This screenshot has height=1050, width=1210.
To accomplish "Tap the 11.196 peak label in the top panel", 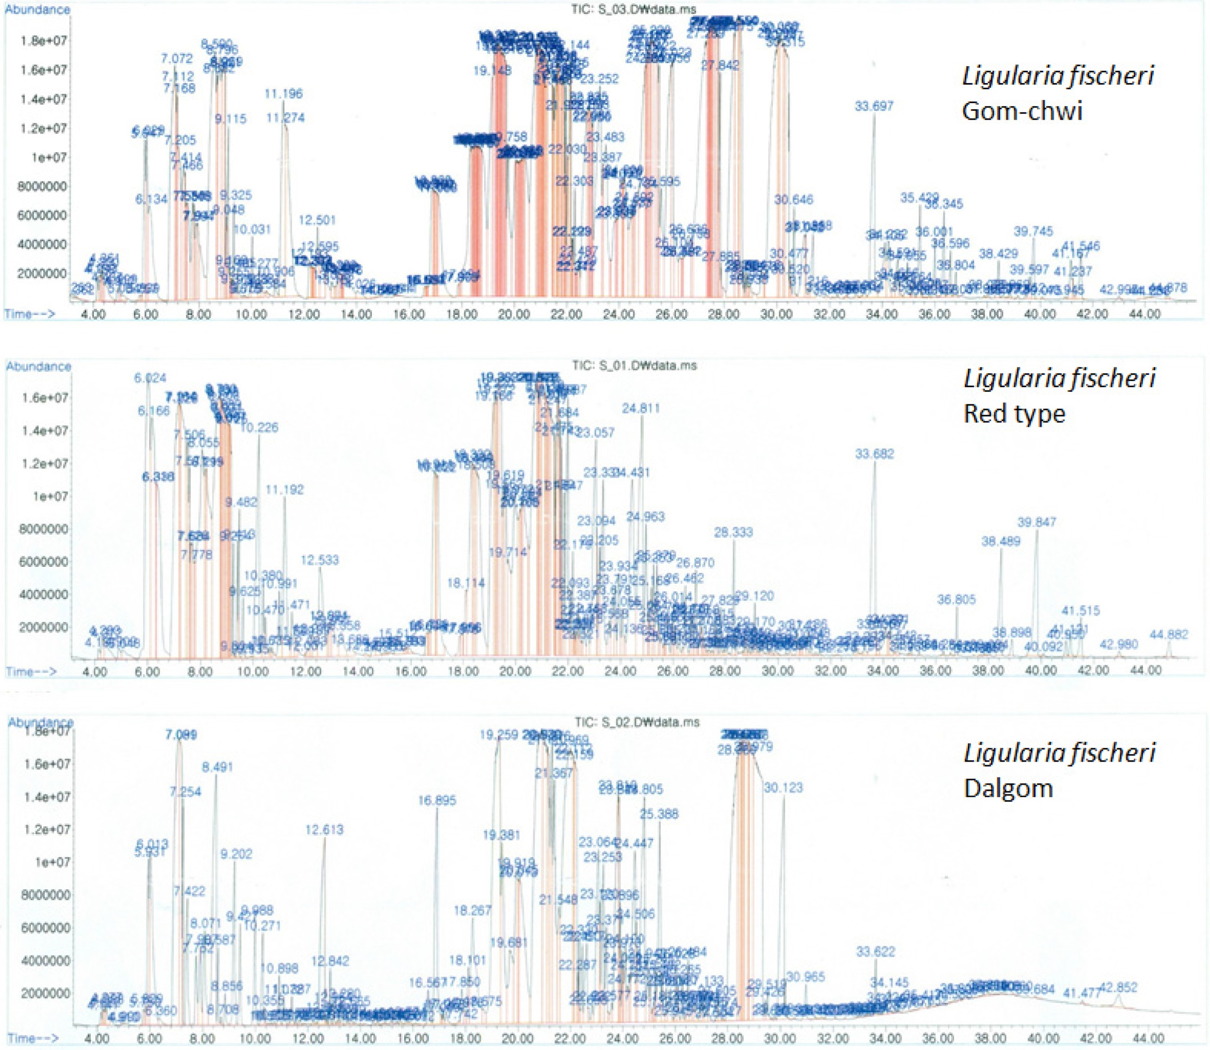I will tap(284, 93).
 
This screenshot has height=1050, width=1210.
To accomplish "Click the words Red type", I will tap(1014, 414).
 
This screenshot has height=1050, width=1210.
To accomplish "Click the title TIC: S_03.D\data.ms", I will tap(633, 9).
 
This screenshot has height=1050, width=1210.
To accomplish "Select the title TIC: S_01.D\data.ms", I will tap(634, 366).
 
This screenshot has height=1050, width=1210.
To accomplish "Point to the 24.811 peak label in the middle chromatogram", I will tap(641, 408).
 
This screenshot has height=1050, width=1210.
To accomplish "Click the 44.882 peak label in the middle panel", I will tap(1169, 634).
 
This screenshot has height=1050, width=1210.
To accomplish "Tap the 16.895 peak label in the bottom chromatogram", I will tap(437, 801).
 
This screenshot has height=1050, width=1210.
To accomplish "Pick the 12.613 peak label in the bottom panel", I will tap(325, 830).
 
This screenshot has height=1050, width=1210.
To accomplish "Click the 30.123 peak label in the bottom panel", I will tap(783, 788).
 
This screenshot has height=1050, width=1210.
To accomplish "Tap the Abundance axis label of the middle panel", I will tap(38, 367).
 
